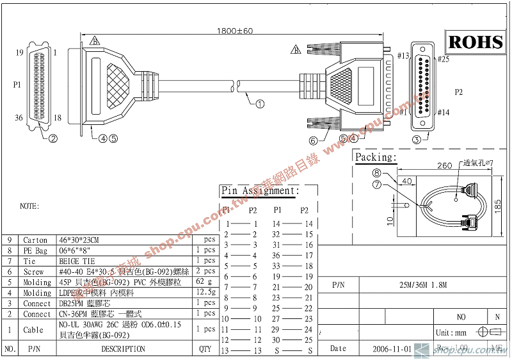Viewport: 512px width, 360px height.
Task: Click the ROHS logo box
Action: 476,42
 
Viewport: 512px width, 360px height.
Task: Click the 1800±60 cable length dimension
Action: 236,31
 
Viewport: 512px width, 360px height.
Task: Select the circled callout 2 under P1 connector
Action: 53,137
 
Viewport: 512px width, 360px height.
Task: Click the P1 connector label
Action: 17,84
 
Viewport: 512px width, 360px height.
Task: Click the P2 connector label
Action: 458,92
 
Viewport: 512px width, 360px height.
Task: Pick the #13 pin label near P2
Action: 403,56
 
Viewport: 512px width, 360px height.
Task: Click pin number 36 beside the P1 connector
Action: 19,117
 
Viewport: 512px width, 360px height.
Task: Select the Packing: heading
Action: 376,157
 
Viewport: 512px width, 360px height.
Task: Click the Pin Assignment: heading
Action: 260,190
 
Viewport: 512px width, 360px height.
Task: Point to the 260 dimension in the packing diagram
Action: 444,165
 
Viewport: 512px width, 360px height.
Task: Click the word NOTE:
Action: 29,206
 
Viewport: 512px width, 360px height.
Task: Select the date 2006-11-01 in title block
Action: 392,349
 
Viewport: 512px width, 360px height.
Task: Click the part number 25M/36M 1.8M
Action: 422,284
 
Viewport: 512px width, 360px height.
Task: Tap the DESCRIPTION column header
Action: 123,349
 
